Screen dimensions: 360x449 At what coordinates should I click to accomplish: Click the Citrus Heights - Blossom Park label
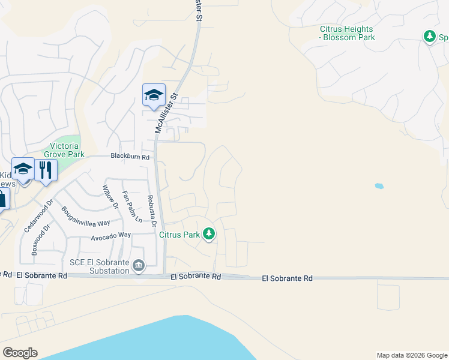click(x=347, y=33)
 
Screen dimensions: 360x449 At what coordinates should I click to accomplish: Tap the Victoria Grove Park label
click(x=67, y=150)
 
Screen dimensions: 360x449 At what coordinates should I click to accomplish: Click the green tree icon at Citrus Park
click(x=208, y=234)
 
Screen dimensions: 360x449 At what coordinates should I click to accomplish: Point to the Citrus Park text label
click(x=179, y=235)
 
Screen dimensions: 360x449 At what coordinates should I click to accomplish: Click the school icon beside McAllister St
click(x=154, y=95)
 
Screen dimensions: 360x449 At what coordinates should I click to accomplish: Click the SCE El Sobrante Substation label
click(x=100, y=266)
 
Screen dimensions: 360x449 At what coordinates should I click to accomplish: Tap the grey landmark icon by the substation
click(x=139, y=265)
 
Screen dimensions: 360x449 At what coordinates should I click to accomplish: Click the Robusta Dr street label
click(x=152, y=209)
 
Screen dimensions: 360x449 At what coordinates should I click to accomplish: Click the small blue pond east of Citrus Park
click(x=379, y=186)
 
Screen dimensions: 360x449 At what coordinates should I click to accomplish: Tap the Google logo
click(x=20, y=353)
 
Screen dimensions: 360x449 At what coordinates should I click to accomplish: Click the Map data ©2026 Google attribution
click(x=411, y=355)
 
